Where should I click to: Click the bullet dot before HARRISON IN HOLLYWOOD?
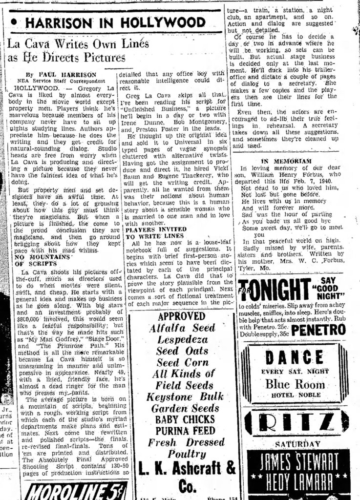coord(15,22)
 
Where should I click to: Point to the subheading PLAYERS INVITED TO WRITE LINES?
coord(154,232)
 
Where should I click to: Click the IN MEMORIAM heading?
coord(286,161)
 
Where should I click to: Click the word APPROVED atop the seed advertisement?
coord(182,316)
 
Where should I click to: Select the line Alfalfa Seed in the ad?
coord(182,328)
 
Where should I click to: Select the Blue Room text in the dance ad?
coord(295,384)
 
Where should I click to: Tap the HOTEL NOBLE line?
coord(295,395)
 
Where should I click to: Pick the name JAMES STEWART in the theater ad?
coord(298,461)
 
